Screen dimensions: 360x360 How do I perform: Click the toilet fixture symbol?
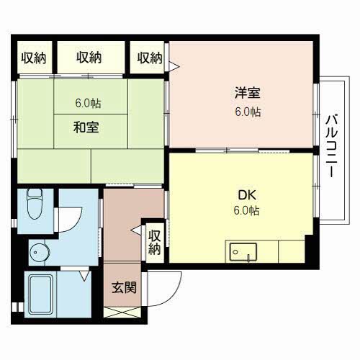point(35,204)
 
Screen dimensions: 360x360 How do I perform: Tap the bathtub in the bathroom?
point(40,294)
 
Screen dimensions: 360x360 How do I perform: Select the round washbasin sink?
point(40,253)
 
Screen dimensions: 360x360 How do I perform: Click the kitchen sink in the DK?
point(243,252)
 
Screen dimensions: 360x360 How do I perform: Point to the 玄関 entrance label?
point(124,287)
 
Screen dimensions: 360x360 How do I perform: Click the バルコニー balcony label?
point(332,146)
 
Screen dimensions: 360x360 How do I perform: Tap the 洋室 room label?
point(248,93)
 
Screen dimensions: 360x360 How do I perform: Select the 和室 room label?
point(86,127)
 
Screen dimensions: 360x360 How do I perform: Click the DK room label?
point(247,195)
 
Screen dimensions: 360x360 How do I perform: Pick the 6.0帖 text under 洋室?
point(248,112)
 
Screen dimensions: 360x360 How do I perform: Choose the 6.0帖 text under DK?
point(246,210)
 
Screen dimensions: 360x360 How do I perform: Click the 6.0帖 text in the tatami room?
point(88,103)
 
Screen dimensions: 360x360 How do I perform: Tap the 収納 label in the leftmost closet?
point(34,58)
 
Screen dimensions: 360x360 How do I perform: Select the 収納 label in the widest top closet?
point(89,58)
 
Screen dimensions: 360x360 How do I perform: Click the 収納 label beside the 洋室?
point(150,58)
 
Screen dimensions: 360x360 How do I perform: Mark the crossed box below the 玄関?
point(122,312)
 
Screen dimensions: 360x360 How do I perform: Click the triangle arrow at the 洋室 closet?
point(174,66)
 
